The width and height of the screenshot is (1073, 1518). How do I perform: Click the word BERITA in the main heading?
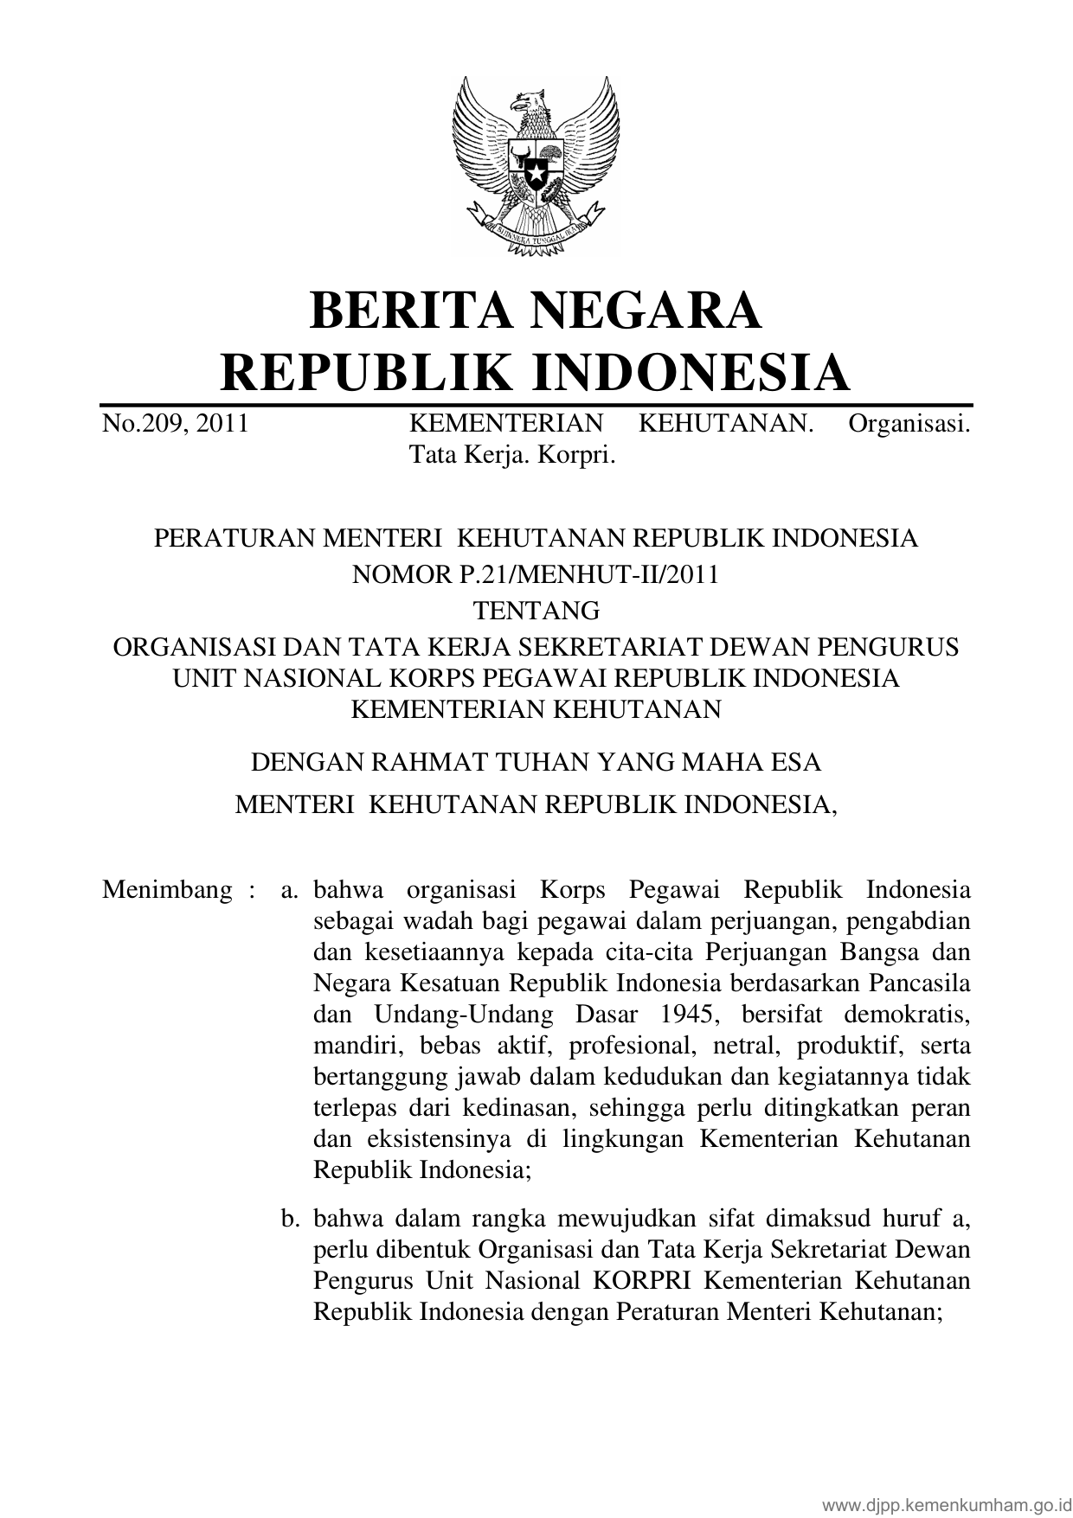coord(402,311)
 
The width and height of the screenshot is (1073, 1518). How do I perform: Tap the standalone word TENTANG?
coord(536,611)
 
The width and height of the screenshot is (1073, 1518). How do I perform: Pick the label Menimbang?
coord(167,890)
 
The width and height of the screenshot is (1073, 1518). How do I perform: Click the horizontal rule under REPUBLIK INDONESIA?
coord(536,405)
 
